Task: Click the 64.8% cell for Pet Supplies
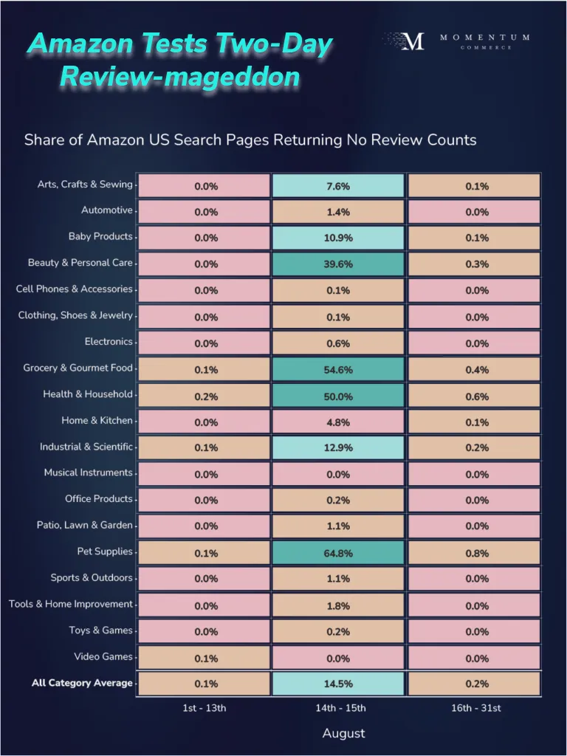[338, 552]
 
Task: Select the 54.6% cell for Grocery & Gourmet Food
[338, 368]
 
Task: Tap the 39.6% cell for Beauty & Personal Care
[338, 264]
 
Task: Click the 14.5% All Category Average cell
[338, 684]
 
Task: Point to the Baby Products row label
[100, 236]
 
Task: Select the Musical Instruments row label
[88, 472]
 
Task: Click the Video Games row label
[103, 656]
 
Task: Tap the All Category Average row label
[82, 683]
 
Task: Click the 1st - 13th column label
[205, 708]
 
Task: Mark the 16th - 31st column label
[476, 708]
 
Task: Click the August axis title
[343, 733]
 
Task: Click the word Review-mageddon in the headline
[179, 76]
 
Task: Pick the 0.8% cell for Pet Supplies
[476, 552]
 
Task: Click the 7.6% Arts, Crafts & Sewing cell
[338, 185]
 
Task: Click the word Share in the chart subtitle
[44, 140]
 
